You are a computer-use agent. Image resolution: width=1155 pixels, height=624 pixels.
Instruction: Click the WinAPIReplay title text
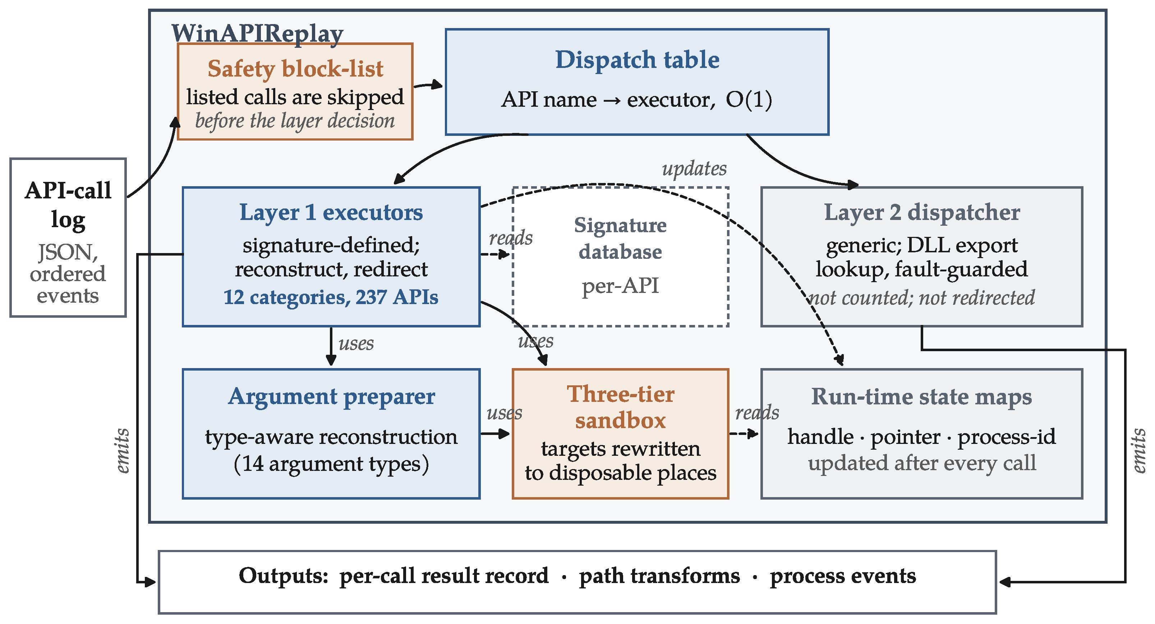point(257,34)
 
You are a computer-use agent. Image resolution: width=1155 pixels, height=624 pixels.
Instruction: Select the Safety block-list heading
point(295,69)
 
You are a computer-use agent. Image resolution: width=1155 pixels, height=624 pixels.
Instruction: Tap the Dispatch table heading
point(637,60)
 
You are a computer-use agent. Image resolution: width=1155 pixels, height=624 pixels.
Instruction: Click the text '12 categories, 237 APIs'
point(331,297)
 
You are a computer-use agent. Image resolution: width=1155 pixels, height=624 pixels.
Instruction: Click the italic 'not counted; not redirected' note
point(922,297)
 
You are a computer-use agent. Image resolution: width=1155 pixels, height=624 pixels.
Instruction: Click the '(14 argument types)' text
point(331,464)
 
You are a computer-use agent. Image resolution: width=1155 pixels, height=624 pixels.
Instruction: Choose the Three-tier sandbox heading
point(621,407)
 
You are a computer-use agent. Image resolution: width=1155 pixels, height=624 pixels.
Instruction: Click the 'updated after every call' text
point(922,463)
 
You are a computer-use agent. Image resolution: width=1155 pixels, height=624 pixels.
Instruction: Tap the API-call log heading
point(68,205)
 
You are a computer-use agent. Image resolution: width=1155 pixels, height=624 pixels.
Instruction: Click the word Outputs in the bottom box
point(284,575)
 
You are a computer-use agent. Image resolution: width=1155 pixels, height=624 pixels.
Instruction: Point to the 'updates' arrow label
point(694,169)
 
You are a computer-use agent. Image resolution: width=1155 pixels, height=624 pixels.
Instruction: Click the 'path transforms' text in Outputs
point(659,576)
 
